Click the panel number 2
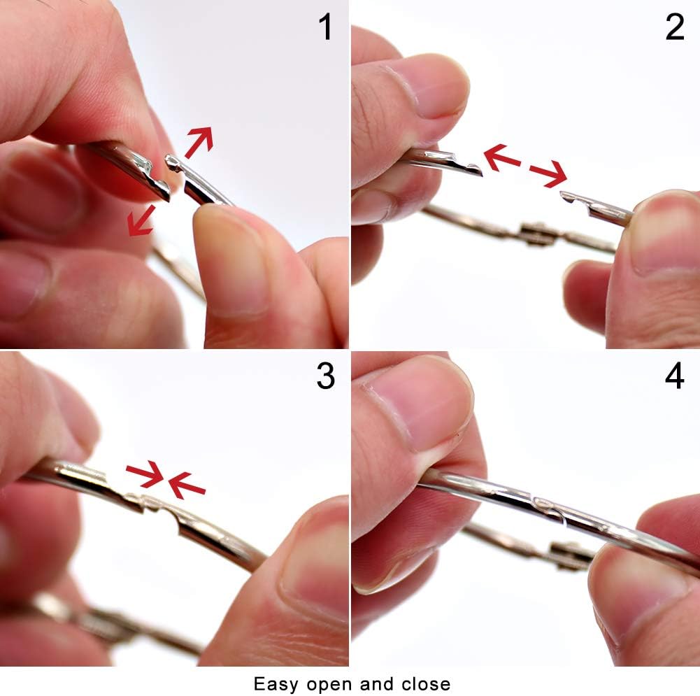675,27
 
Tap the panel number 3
325,376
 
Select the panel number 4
675,376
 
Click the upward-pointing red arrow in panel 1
199,142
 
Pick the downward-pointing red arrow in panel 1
141,220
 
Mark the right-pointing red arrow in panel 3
145,474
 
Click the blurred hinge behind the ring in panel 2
537,234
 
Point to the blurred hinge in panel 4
571,555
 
